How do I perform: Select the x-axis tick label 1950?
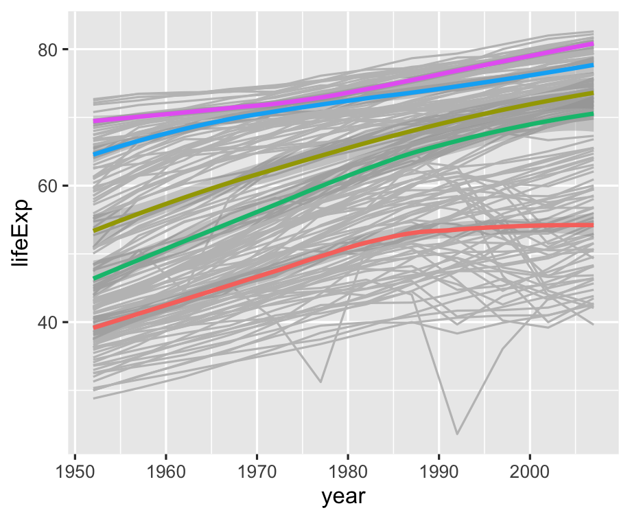75,474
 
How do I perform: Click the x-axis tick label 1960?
166,474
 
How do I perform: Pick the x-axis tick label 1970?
257,474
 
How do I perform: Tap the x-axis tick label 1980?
348,474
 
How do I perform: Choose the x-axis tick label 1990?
439,474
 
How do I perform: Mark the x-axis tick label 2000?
530,474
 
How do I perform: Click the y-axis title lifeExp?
21,230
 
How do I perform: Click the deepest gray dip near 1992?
456,433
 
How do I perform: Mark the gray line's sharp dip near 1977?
320,382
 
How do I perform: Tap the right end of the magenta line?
592,44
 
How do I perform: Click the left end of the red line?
94,327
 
